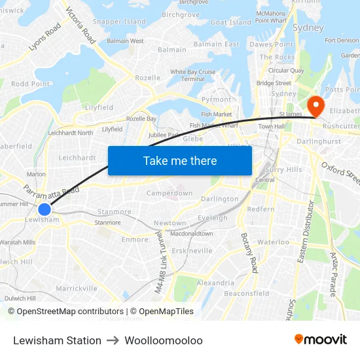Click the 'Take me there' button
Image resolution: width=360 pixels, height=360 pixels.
coord(180,160)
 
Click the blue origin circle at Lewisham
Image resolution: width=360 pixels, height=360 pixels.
coord(44,209)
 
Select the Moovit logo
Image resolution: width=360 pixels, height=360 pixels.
coord(321,340)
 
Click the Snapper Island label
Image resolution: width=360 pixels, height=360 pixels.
coord(119,22)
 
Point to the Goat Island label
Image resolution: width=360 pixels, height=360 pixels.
coord(231,22)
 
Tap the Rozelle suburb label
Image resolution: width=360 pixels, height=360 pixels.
coord(147,78)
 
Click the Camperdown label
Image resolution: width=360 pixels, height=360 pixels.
coord(170,194)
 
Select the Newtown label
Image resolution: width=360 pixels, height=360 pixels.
coord(170,223)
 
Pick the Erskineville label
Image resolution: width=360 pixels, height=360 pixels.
coord(191,251)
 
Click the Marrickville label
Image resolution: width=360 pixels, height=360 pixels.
coord(77,288)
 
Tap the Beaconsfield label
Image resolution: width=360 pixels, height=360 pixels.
coord(247,294)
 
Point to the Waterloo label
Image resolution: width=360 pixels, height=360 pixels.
coord(273,242)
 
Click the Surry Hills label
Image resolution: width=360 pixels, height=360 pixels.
coord(284,170)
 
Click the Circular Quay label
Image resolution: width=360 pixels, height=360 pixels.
coord(286,71)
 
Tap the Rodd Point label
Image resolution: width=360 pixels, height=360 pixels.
coord(31,84)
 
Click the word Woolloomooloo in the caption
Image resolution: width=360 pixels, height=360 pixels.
coord(164,340)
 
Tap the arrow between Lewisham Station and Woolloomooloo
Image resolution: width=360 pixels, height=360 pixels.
coord(111,340)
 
